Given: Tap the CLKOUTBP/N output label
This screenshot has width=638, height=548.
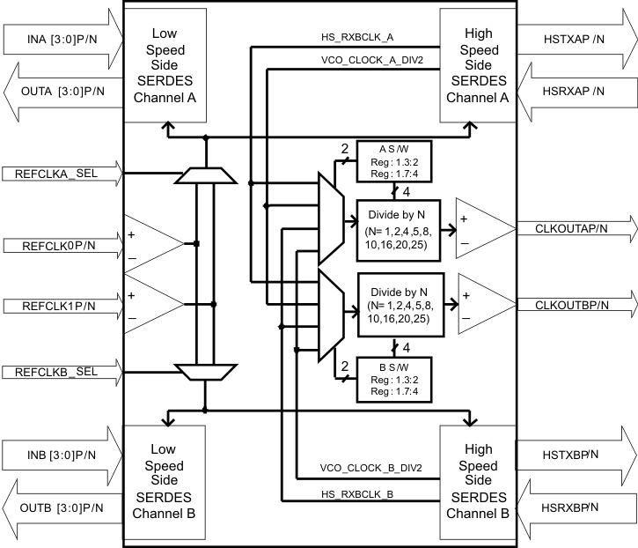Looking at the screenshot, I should coord(572,305).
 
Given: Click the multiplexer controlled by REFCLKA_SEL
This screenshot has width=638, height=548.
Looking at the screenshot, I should coord(204,178).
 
